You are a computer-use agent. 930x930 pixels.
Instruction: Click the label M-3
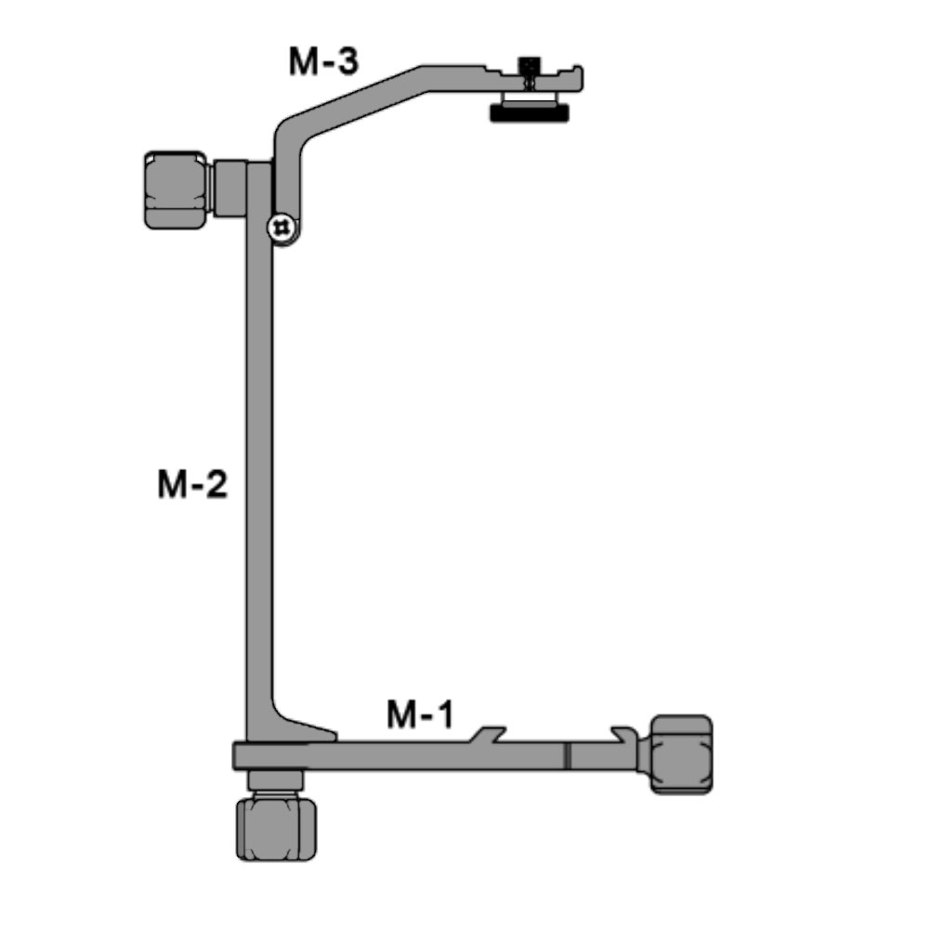(x=321, y=62)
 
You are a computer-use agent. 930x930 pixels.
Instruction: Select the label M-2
(x=191, y=484)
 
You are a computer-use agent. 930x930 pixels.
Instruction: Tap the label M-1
(x=420, y=715)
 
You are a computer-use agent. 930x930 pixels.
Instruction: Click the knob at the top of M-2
(x=176, y=190)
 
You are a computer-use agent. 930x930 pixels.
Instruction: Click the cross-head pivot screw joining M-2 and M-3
(x=280, y=226)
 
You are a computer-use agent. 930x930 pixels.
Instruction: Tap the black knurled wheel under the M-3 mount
(x=529, y=114)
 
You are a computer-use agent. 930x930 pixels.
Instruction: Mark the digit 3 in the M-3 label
(x=347, y=62)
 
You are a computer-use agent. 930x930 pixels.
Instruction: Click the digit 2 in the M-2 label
(x=216, y=484)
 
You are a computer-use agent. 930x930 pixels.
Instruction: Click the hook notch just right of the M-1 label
(x=489, y=734)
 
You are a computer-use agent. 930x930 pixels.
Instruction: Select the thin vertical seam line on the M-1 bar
(x=567, y=754)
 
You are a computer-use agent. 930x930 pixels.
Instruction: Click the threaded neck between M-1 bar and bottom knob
(x=277, y=782)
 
